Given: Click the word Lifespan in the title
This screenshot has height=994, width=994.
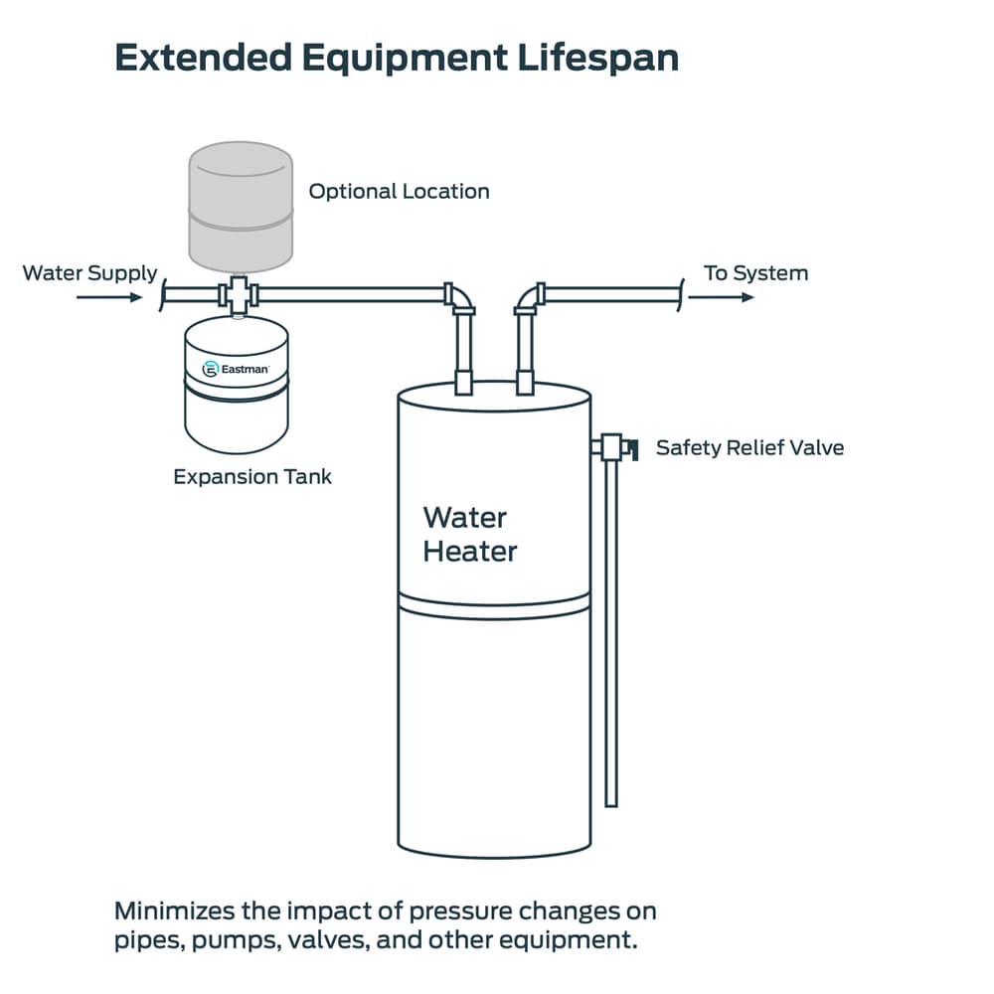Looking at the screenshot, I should [x=597, y=58].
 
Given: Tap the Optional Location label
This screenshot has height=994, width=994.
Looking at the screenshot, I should [x=399, y=191].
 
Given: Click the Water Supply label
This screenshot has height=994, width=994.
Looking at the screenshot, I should [x=89, y=272].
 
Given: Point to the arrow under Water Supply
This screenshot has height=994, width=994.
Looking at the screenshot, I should [x=108, y=296].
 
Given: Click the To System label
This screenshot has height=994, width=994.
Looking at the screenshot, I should [x=755, y=272].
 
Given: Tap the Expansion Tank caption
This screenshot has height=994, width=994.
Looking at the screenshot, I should [x=252, y=476].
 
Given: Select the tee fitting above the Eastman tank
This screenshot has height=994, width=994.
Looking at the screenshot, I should [x=238, y=295].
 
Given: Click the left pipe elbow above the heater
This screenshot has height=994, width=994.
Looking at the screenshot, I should [x=459, y=298].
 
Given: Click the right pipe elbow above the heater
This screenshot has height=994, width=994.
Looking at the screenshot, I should [x=527, y=298].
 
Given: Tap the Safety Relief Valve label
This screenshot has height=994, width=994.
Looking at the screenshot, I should [x=749, y=447].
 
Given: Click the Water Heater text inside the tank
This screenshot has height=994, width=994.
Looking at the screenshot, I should [x=469, y=534].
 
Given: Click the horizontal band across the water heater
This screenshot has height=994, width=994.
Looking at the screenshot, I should [x=494, y=599].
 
